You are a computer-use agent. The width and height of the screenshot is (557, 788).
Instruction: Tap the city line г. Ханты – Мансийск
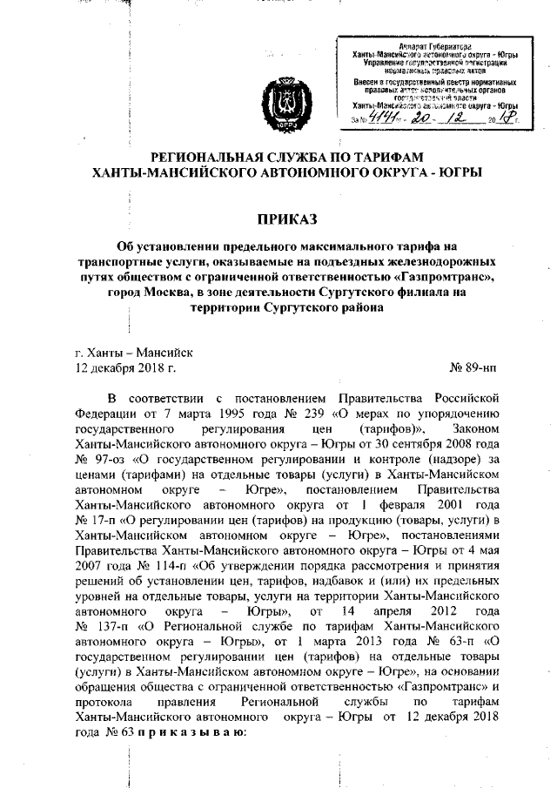(135, 352)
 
